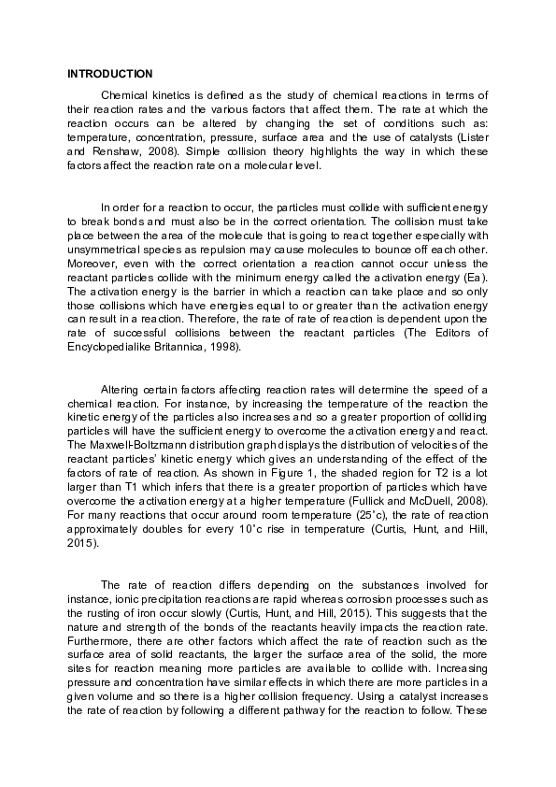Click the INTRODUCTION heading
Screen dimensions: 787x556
click(x=109, y=73)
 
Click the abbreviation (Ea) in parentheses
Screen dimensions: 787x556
click(x=475, y=278)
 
